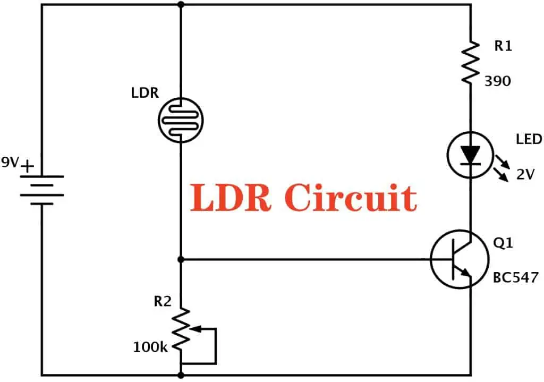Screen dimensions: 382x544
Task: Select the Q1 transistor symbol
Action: [x=459, y=259]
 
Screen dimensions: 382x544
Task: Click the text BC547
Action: [x=515, y=277]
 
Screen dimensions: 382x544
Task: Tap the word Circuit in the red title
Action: [x=350, y=198]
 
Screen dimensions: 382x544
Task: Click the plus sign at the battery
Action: [x=27, y=166]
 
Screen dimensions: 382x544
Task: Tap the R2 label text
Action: [x=163, y=301]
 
